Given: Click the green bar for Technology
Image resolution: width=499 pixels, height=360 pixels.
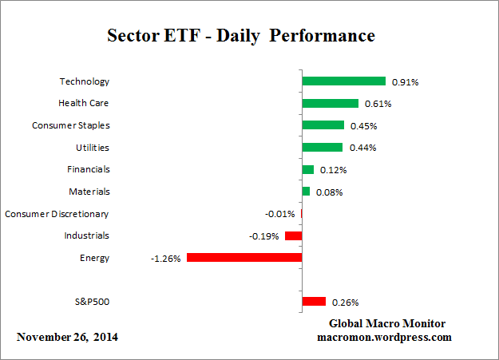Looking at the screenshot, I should pos(343,81).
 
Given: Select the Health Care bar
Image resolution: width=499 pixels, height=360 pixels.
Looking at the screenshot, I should pos(330,103).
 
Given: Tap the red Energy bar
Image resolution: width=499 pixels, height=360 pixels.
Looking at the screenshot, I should pos(244,258).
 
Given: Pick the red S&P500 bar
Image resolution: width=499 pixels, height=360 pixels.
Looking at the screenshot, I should pos(314,302).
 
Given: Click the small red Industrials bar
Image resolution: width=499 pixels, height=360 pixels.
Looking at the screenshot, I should pos(293,235).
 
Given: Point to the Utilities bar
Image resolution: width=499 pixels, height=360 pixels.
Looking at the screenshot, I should pos(322,148).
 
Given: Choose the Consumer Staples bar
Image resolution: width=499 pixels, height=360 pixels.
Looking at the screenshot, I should pos(323,125).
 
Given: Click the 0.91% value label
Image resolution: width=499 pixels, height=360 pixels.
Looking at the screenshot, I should pos(406,81).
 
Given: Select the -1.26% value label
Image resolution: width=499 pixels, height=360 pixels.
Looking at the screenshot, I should pos(166,258).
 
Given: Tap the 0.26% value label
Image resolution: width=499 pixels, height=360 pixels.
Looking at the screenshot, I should pos(345,303).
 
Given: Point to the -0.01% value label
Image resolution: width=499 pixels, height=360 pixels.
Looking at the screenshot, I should pos(279,214).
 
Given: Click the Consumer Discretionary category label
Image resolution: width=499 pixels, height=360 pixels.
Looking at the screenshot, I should pos(57,214).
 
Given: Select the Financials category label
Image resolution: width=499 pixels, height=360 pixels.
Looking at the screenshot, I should pos(89,169).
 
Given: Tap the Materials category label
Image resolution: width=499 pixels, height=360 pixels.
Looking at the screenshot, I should pos(89,192).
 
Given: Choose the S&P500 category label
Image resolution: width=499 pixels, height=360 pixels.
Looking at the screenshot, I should pos(91,302).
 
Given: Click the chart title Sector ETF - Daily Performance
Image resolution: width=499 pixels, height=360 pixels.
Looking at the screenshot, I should pos(241,37).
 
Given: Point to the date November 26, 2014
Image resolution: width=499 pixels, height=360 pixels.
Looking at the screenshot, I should pos(67,337).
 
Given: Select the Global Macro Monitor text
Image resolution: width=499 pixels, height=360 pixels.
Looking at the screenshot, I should pos(386,323).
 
